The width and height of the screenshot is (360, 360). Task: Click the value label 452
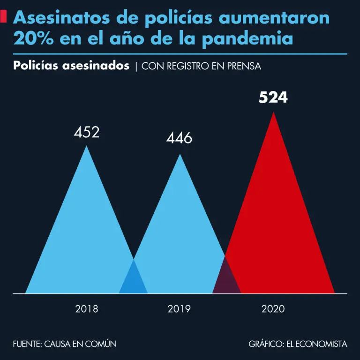coord(86,132)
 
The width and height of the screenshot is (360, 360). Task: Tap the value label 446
coord(179,138)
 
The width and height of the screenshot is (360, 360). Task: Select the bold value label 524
coord(273,98)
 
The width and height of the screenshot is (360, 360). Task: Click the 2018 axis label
coord(86,309)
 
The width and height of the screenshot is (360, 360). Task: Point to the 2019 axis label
coord(179,309)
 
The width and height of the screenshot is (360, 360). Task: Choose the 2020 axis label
coord(273,309)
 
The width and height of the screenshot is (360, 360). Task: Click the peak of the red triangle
coord(273,113)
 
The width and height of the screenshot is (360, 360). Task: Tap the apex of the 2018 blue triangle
coord(86,147)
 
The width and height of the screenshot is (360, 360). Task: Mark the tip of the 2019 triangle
coord(180,155)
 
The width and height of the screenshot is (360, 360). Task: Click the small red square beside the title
coord(3,17)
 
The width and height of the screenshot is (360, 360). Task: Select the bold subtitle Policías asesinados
coord(71,66)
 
